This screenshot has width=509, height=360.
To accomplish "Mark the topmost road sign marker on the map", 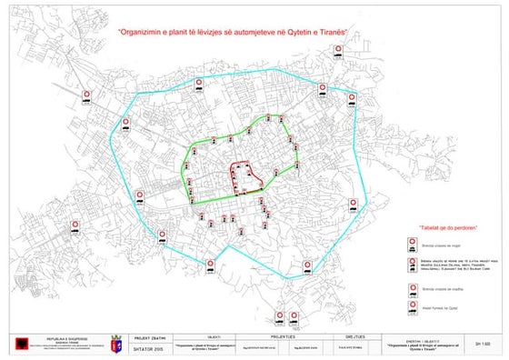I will tap(338, 53).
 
